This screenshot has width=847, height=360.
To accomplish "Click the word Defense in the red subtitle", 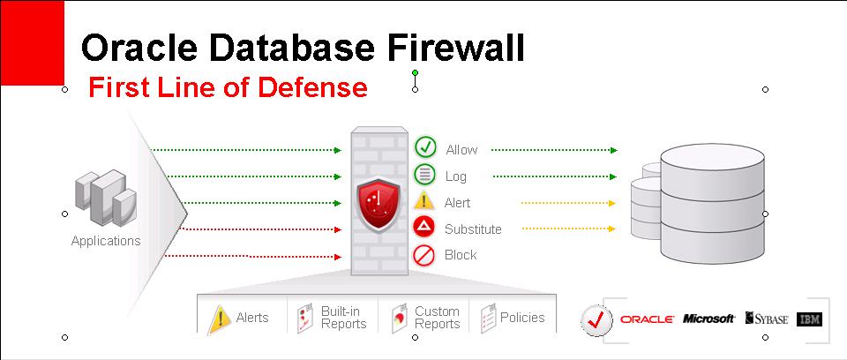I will [315, 87].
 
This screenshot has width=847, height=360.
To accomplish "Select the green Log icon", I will [425, 175].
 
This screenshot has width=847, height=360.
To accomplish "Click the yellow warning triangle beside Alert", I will [425, 201].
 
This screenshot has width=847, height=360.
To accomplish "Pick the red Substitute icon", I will [425, 229].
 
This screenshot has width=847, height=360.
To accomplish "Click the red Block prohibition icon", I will [425, 255].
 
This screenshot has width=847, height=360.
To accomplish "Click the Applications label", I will [106, 240].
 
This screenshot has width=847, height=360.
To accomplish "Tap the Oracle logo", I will [647, 319].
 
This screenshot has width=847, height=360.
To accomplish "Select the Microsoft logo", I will [708, 319].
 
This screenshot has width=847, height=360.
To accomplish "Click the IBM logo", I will [809, 319].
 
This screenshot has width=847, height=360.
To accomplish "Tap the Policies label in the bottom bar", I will [522, 318].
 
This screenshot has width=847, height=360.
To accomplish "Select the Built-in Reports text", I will [343, 318].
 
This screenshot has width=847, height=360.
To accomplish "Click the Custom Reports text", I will [437, 318].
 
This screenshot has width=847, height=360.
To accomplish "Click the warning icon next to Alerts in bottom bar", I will [219, 319].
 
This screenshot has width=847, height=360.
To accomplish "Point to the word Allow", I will [461, 150].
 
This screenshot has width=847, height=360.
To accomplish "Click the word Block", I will [461, 255].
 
